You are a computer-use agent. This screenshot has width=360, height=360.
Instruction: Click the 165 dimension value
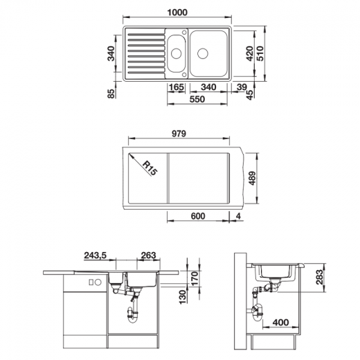176,88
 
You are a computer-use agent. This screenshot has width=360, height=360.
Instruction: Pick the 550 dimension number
197,100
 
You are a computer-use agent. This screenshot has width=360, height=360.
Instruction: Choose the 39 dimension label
240,88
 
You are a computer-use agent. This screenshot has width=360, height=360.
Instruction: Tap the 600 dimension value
198,216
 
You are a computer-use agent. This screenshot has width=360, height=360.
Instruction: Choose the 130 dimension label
181,296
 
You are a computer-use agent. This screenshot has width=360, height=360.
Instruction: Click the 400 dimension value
280,323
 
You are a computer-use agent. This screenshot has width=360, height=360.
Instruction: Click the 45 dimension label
247,92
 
